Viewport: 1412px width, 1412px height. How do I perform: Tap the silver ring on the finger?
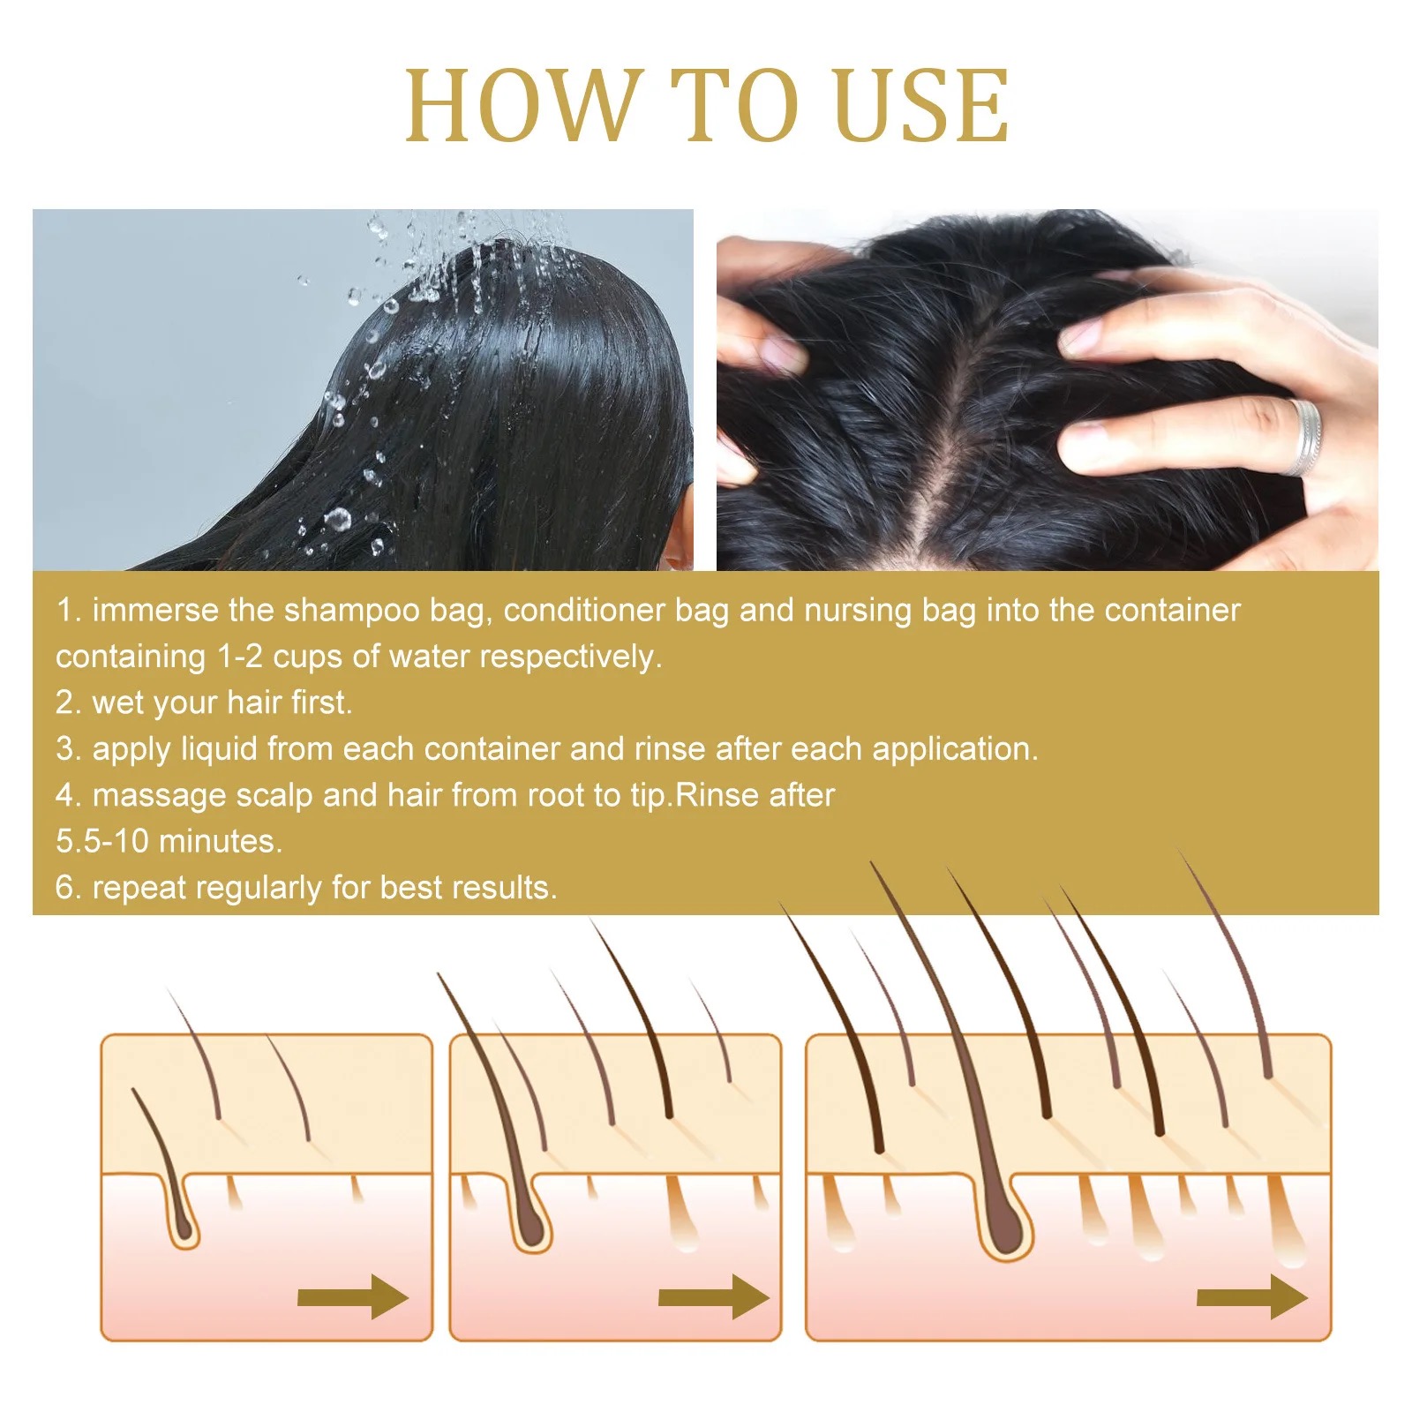(1304, 437)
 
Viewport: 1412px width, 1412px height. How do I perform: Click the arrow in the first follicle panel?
(354, 1296)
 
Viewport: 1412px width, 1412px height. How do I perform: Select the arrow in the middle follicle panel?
(714, 1296)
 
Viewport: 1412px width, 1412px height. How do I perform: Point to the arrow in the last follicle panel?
(1252, 1296)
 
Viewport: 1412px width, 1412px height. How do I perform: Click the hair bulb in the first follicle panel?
(184, 1223)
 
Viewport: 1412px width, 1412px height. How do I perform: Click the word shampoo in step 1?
(351, 612)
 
